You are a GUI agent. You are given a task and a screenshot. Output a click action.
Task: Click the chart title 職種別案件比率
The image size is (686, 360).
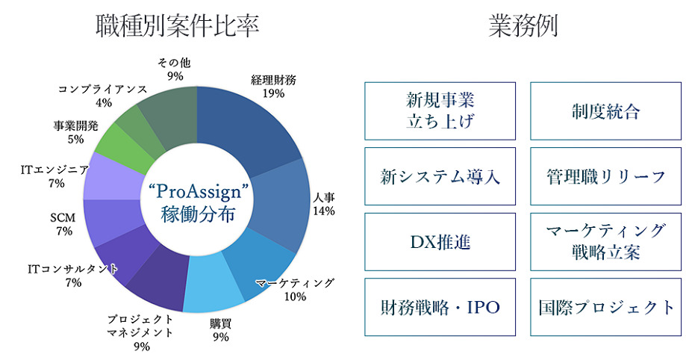(178, 26)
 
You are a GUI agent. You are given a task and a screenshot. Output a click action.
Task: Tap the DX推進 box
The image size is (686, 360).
(440, 242)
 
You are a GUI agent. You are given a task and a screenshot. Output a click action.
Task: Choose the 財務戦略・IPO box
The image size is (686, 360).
(440, 307)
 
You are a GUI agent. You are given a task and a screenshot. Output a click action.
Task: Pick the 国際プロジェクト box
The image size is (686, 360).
(605, 307)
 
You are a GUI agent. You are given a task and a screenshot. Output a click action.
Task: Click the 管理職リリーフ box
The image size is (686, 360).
(605, 177)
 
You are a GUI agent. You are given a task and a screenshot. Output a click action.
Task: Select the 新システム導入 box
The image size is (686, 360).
(440, 177)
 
